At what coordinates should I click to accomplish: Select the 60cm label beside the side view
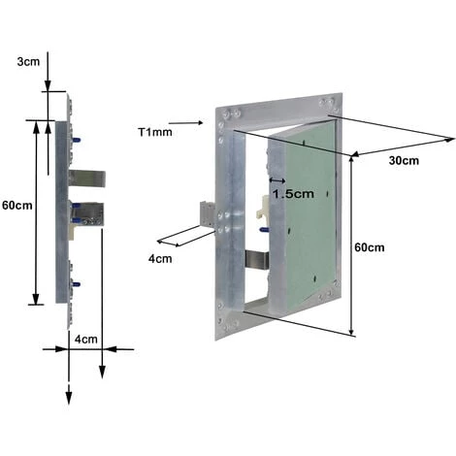click(16, 206)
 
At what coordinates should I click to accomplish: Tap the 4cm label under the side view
click(86, 340)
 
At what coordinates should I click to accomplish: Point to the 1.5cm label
click(293, 193)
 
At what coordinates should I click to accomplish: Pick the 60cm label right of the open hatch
click(369, 247)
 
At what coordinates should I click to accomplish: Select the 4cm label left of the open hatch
click(160, 258)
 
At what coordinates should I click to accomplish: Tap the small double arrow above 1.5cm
click(277, 179)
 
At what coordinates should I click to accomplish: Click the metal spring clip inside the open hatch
click(257, 260)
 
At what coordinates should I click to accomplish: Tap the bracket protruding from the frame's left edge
click(208, 214)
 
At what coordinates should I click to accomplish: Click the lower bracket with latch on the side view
click(88, 214)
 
